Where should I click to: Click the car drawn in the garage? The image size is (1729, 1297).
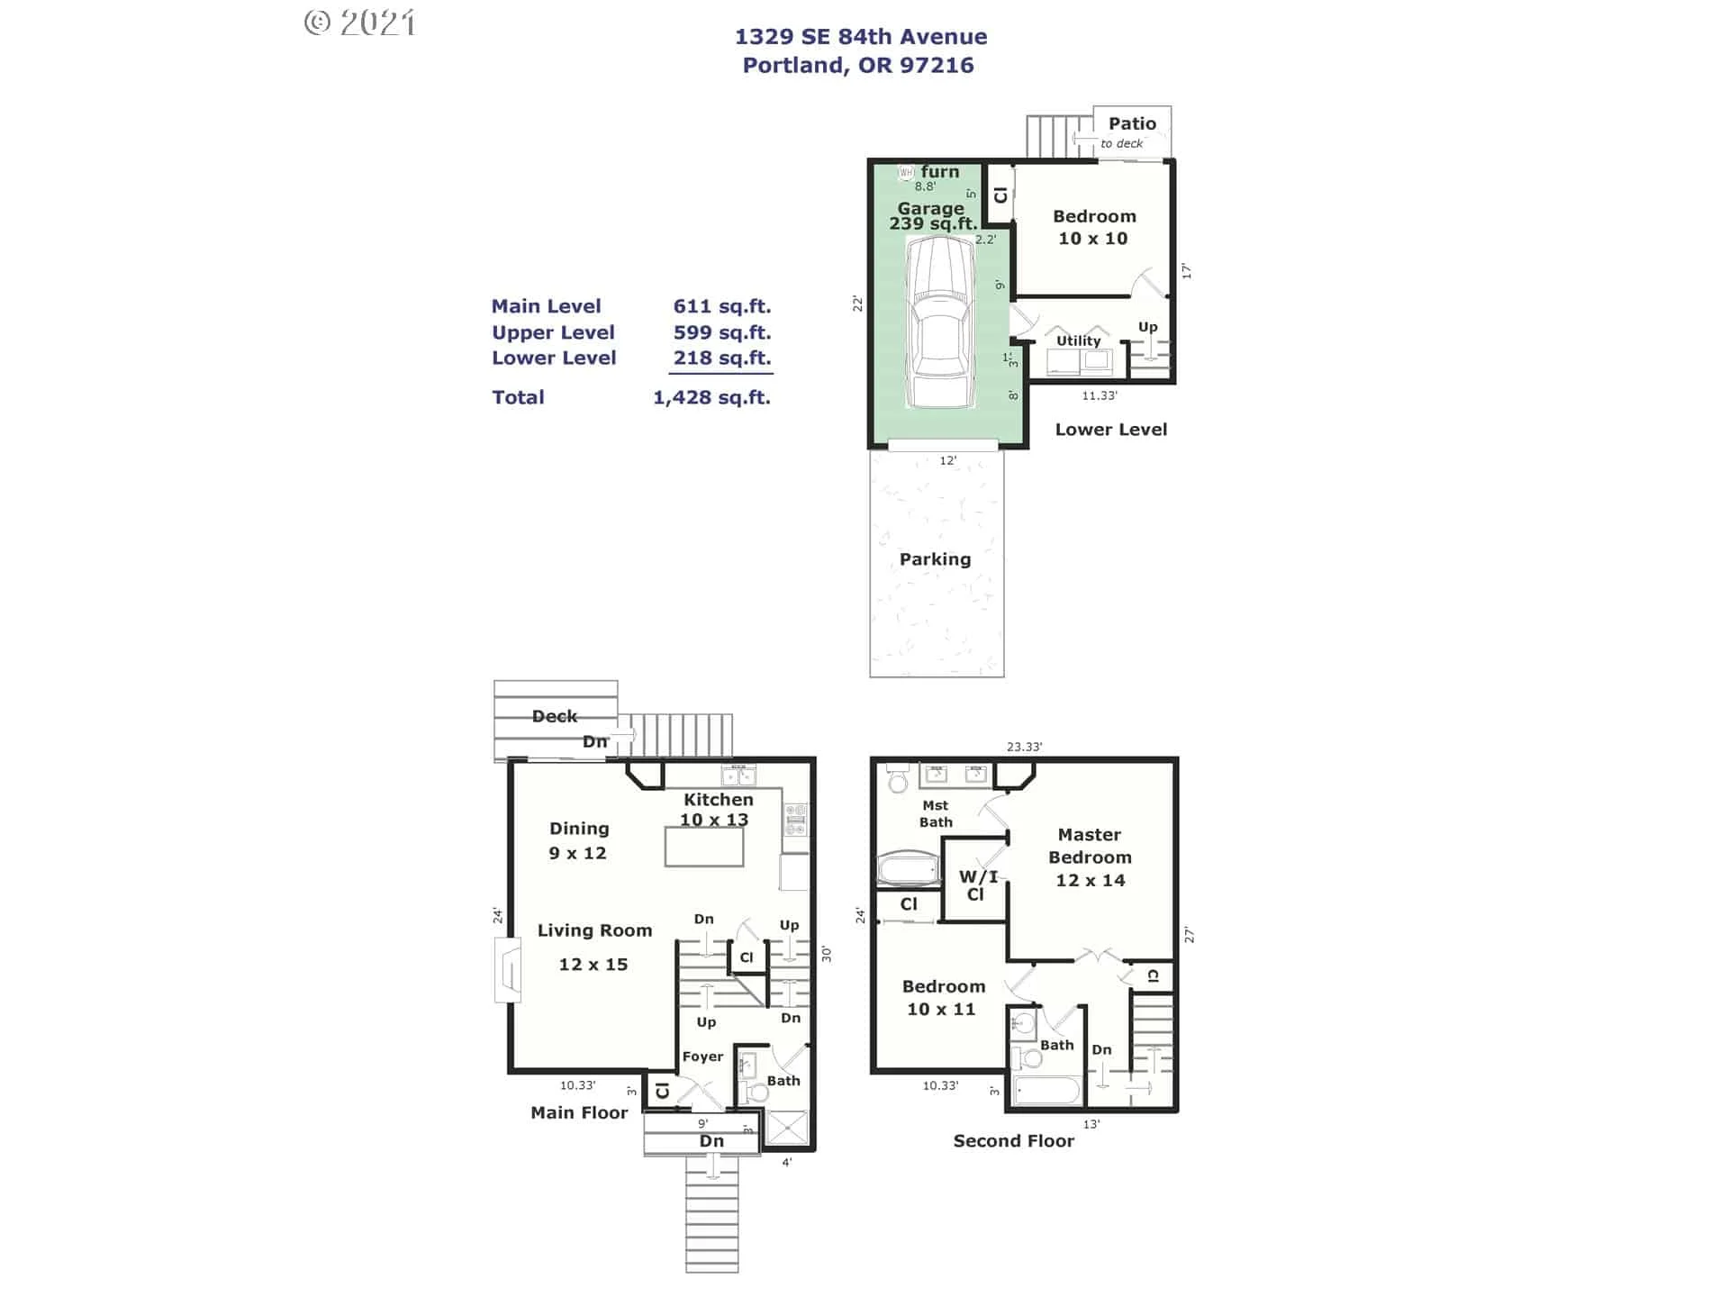tap(940, 322)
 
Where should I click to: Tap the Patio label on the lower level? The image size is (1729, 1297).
tap(1132, 124)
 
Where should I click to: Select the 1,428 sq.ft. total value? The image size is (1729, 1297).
tap(711, 397)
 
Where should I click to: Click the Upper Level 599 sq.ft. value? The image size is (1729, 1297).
tap(721, 332)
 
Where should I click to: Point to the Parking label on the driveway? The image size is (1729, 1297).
tap(935, 559)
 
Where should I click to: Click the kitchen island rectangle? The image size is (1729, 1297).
tap(704, 847)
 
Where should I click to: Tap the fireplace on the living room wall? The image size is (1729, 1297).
tap(508, 970)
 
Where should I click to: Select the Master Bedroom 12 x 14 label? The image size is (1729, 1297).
tap(1090, 857)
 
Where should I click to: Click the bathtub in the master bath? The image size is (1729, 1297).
tap(908, 868)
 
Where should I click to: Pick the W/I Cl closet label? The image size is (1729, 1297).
tap(977, 884)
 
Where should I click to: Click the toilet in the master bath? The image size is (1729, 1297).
tap(898, 778)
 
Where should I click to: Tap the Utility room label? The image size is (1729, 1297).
tap(1078, 340)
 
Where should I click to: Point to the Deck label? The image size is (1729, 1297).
tap(554, 716)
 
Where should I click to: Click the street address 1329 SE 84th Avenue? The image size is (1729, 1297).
tap(860, 37)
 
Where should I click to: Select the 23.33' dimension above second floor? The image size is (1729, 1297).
tap(1024, 747)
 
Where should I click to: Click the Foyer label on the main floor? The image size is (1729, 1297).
tap(702, 1057)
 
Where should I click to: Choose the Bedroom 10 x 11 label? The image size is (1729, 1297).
tap(943, 998)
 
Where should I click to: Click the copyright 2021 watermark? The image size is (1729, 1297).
tap(360, 23)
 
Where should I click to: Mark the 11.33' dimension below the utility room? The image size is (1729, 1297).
tap(1099, 395)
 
